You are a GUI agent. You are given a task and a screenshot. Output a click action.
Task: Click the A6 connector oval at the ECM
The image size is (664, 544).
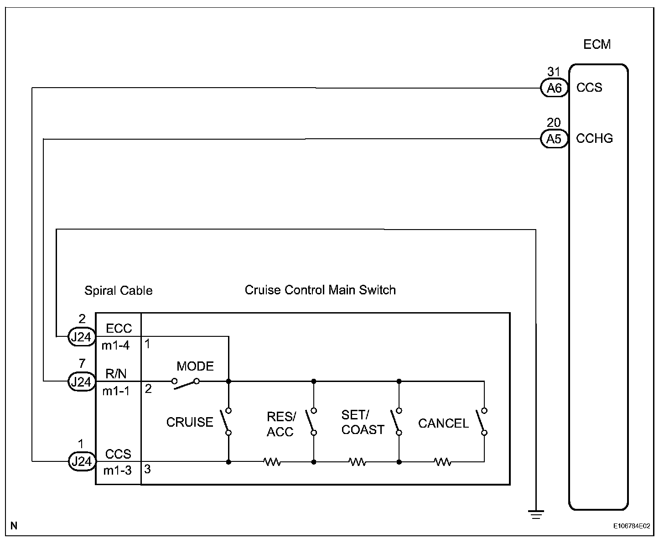(554, 88)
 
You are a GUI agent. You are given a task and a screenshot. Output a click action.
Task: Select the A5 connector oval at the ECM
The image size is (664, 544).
(554, 139)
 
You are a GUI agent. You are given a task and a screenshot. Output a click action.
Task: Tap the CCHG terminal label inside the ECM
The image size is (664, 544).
(594, 139)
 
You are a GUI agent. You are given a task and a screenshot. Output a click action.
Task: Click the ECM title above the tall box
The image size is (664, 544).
(597, 45)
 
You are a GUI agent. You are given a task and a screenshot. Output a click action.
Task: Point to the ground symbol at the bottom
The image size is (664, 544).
(536, 514)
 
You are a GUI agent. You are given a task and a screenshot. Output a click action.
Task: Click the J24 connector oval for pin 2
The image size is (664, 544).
(82, 337)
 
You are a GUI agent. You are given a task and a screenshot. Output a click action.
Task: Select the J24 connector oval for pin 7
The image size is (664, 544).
(82, 381)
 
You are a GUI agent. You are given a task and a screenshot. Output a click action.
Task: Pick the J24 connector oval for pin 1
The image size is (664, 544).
(82, 461)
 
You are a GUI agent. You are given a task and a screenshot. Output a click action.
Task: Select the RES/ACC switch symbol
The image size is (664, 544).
(311, 421)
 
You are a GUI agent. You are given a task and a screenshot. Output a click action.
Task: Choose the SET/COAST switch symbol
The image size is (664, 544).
(396, 421)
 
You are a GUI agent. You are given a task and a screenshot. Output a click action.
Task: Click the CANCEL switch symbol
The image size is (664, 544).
(482, 421)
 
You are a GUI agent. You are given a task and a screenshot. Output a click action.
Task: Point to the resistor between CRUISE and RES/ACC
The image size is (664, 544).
(272, 462)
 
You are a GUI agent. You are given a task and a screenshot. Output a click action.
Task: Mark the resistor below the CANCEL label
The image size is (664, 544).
(442, 462)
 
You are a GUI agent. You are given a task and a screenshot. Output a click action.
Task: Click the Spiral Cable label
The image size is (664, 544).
(118, 291)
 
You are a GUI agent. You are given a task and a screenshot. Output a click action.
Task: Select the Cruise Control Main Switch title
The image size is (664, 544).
(320, 290)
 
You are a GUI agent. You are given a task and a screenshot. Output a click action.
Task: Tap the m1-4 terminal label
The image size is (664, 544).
(115, 345)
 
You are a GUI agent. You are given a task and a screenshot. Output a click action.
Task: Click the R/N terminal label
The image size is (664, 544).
(116, 374)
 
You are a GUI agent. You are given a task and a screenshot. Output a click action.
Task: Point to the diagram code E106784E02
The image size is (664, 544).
(632, 526)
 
